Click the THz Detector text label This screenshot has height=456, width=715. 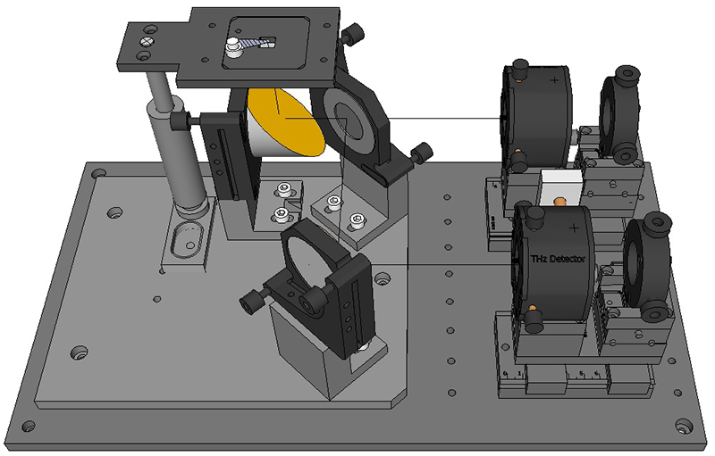point(557,259)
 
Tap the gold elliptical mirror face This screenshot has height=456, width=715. point(286,121)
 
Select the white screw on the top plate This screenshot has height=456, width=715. point(233,47)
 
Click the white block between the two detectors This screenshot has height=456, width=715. point(561,188)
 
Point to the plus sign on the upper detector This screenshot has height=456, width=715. point(554,80)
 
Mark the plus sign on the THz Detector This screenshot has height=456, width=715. point(574,228)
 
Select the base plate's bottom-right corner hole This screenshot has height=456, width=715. point(683,427)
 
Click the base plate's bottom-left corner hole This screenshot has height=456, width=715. point(29,427)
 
